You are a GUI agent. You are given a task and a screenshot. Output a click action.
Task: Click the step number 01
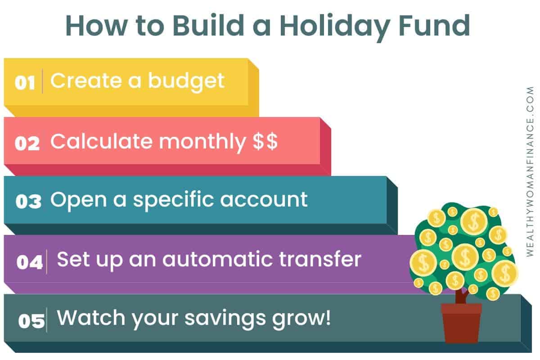25,83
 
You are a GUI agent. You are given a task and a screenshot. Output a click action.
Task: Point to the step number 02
27,143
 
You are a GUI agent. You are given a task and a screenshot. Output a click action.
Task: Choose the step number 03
28,201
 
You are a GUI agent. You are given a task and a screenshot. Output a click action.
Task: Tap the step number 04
30,262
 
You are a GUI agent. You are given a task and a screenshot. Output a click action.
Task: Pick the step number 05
31,321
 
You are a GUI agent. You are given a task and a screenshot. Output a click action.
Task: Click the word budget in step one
186,82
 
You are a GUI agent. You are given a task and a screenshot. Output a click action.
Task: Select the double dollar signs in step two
265,141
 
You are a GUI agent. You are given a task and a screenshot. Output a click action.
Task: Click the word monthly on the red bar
202,143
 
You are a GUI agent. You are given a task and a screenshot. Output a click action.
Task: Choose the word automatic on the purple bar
217,260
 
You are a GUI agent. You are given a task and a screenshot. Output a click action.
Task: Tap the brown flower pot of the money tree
461,323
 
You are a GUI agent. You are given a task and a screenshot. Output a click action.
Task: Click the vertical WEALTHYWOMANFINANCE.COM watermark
530,171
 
